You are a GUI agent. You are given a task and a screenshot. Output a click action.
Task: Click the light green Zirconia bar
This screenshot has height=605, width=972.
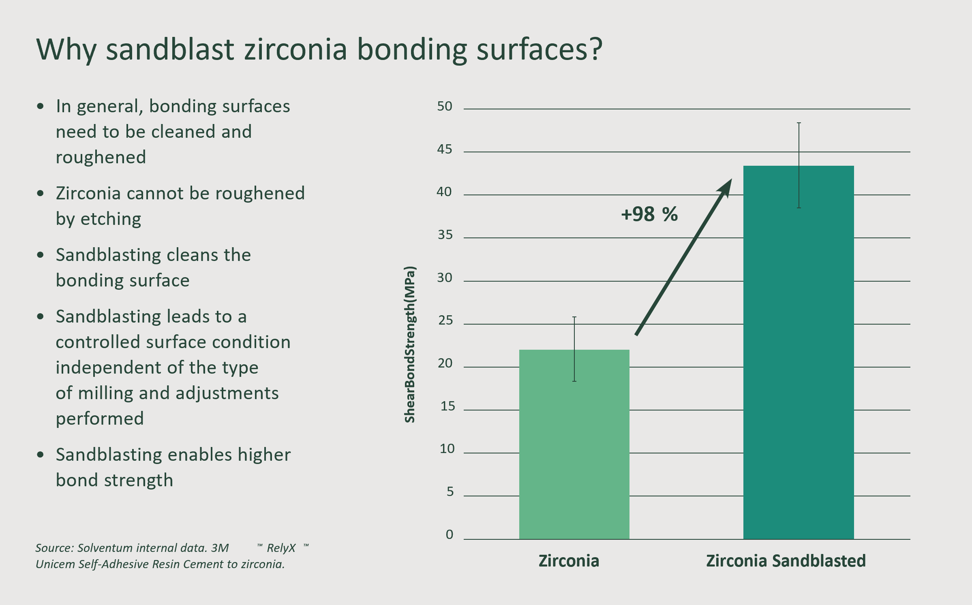(x=574, y=444)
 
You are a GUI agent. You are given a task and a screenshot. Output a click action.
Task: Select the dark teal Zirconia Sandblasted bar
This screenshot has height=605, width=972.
(x=799, y=352)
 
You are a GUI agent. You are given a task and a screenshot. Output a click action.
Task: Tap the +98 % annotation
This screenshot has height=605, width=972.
(x=649, y=214)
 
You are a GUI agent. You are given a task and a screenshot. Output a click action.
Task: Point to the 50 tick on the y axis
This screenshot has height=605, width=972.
(x=445, y=107)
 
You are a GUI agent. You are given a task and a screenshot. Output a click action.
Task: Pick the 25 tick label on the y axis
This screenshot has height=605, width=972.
(x=445, y=321)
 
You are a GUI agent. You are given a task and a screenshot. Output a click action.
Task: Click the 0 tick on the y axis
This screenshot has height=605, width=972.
(x=450, y=534)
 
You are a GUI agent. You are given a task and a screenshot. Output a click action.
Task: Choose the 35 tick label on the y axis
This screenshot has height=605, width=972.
(x=445, y=235)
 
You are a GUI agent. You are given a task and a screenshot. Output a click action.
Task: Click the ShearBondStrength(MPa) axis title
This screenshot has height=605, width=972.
(x=410, y=344)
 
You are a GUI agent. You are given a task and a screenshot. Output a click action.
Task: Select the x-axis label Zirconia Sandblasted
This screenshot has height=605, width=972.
(x=786, y=561)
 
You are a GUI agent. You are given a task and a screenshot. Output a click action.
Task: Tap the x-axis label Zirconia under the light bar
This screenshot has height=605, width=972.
(x=569, y=561)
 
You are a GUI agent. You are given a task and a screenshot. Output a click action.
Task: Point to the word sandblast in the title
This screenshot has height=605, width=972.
(x=170, y=49)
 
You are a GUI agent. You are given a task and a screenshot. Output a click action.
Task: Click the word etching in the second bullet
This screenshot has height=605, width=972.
(x=111, y=220)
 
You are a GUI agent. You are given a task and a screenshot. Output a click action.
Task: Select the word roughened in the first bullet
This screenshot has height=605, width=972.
(x=101, y=158)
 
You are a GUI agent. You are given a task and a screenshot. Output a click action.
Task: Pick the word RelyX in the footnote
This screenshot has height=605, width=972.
(x=281, y=549)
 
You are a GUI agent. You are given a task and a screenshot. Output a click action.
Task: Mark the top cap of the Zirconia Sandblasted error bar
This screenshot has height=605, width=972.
(x=799, y=123)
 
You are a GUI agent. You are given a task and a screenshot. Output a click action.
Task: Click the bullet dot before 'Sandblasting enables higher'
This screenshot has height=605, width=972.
(x=40, y=455)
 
